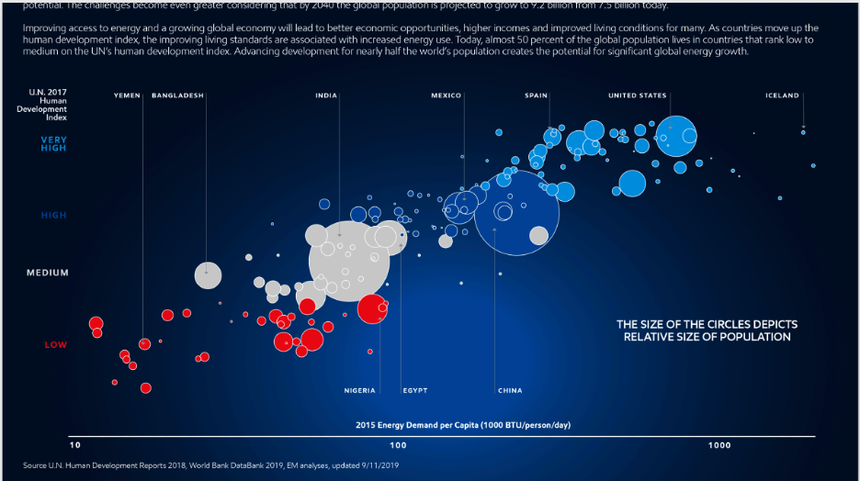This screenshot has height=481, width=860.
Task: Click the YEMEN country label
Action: click(x=127, y=95)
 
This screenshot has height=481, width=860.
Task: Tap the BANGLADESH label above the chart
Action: click(x=177, y=95)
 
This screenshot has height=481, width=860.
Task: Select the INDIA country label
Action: click(x=325, y=95)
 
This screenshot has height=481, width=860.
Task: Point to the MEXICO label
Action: click(x=446, y=95)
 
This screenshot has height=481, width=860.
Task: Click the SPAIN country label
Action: click(x=537, y=95)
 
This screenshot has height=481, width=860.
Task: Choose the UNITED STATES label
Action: click(x=638, y=95)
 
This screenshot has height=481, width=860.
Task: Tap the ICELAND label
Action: click(x=782, y=95)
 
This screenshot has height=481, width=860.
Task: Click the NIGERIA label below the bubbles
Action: click(x=359, y=391)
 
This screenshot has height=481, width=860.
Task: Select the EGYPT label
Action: click(x=414, y=391)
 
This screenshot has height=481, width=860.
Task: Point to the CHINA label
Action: click(x=510, y=391)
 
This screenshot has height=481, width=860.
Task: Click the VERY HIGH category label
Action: click(x=53, y=143)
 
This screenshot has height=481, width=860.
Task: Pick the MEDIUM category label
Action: click(x=48, y=273)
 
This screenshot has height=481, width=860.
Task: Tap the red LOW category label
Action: click(x=55, y=345)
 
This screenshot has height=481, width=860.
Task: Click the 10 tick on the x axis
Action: click(x=79, y=445)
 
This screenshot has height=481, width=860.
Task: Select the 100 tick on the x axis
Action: click(x=398, y=445)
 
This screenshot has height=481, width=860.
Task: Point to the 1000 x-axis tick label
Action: click(x=719, y=445)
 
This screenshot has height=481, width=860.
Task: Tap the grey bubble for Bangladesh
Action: click(x=208, y=274)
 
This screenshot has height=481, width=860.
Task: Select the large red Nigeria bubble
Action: click(x=372, y=308)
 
